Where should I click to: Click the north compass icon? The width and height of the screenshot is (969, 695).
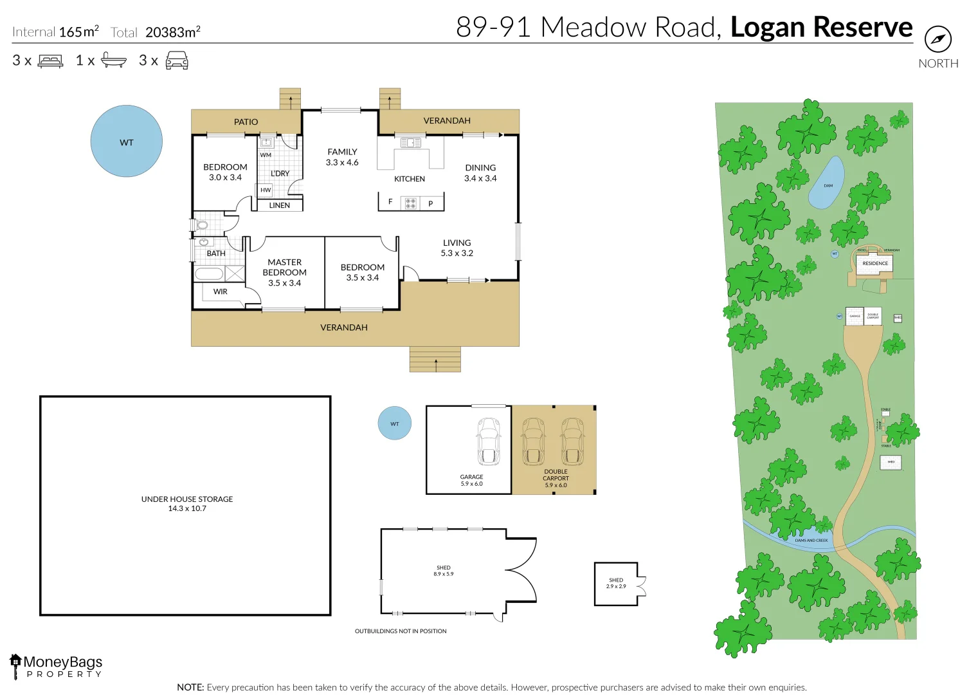click(x=937, y=39)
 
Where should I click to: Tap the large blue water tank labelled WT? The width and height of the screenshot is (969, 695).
click(x=126, y=141)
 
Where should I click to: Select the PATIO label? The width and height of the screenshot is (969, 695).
click(x=246, y=122)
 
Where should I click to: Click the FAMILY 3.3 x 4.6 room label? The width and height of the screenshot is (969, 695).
click(x=342, y=157)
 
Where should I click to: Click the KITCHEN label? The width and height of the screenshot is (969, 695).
click(x=410, y=179)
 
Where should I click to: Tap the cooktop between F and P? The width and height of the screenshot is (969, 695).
click(x=410, y=203)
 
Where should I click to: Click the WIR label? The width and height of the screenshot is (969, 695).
click(x=221, y=292)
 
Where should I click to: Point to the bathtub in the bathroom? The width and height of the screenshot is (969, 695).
click(x=209, y=273)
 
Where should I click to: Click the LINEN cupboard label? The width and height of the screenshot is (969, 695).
click(x=279, y=205)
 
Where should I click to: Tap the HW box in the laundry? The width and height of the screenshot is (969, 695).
click(x=266, y=190)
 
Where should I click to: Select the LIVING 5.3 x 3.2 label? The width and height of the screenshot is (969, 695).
click(x=457, y=248)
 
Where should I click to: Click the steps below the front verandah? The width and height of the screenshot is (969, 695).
click(x=435, y=359)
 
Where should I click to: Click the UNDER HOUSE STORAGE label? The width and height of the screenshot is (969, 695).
click(x=187, y=503)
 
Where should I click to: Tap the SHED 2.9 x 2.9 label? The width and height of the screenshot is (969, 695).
click(x=616, y=583)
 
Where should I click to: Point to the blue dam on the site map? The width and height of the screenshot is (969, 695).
click(x=827, y=183)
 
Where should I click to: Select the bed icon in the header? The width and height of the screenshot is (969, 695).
click(x=51, y=61)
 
